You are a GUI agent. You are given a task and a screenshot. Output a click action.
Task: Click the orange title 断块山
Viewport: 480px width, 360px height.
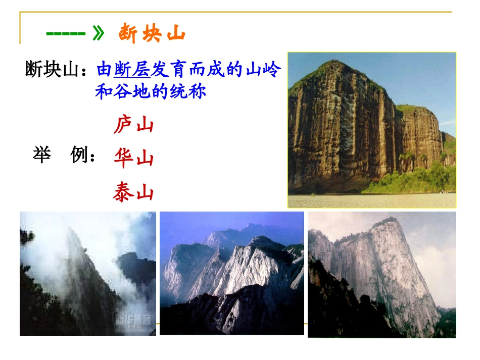[152, 34]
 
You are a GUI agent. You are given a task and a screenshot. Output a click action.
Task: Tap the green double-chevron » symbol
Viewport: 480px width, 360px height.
[99, 34]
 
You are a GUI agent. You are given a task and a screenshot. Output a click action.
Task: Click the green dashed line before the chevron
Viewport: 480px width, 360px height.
[66, 34]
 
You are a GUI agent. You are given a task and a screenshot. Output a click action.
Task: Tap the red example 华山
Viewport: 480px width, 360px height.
[133, 158]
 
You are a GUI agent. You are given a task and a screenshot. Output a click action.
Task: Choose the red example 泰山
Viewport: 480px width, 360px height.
[133, 192]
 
